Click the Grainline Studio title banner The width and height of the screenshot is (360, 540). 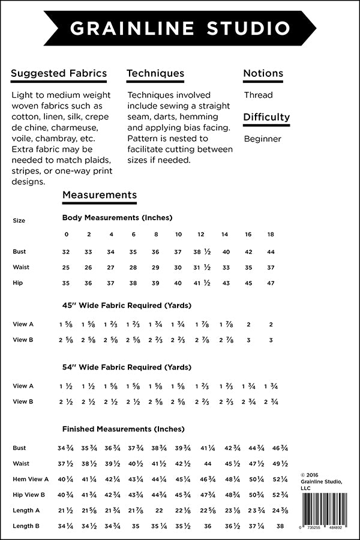tap(179, 28)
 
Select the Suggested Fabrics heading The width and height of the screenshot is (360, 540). tap(59, 74)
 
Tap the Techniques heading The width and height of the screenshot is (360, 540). tap(155, 74)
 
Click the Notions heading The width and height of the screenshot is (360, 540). tap(263, 74)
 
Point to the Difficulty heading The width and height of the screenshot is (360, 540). tap(266, 117)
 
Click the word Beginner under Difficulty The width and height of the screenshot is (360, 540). tap(262, 139)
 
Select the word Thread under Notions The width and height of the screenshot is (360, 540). tap(258, 95)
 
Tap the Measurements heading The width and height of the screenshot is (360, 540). tap(100, 195)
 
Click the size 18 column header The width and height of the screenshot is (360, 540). tap(271, 234)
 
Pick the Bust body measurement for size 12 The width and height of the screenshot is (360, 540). tap(200, 252)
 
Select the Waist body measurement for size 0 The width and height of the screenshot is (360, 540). tap(66, 268)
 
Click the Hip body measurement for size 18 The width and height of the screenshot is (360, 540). tap(271, 283)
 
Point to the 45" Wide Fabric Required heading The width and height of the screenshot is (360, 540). tap(127, 305)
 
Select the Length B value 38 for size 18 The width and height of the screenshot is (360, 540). tap(280, 526)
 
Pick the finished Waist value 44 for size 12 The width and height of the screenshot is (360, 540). tap(208, 463)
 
